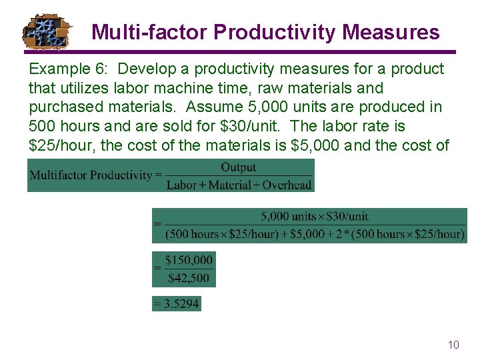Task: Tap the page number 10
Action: coord(453,345)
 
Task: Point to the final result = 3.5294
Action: coord(176,304)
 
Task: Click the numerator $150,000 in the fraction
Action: coord(189,261)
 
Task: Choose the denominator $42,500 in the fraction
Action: coord(189,278)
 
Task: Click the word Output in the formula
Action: coord(238,167)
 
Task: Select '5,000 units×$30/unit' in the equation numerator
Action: coord(314,217)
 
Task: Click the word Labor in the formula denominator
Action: coord(181,185)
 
